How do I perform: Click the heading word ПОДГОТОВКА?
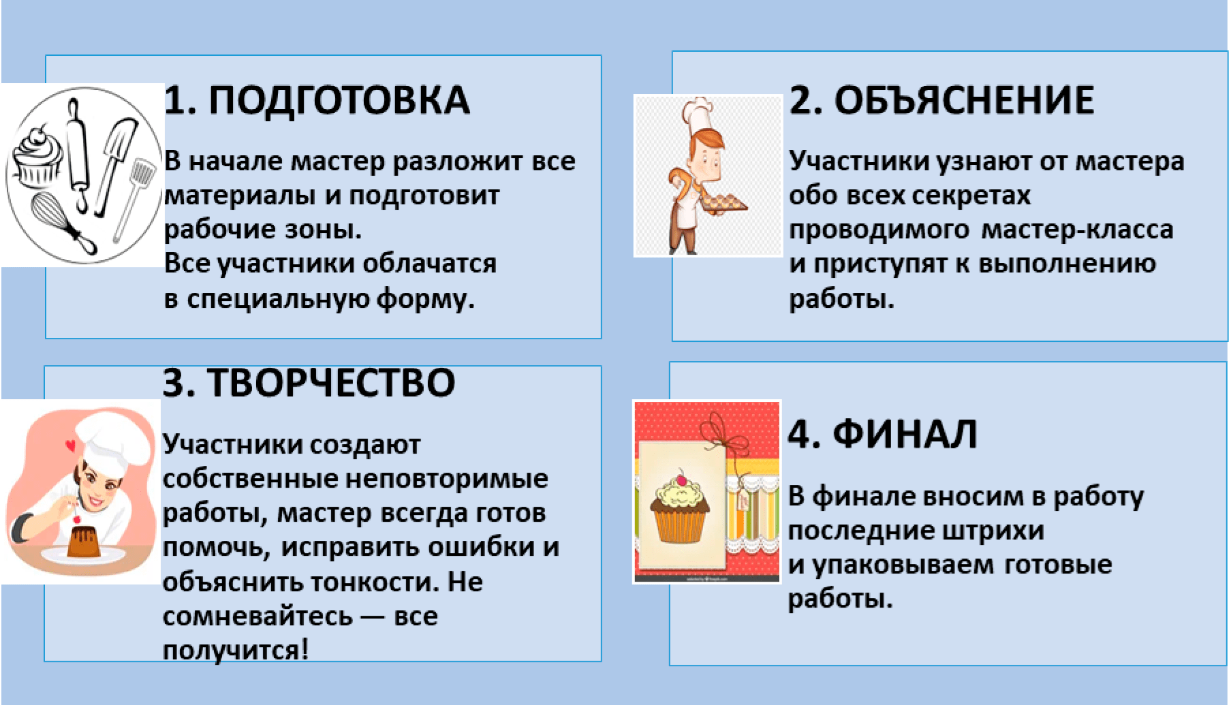(x=339, y=100)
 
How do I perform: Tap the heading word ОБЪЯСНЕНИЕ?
(x=964, y=100)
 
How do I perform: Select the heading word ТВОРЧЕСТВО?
(x=330, y=382)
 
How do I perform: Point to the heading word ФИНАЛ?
(x=905, y=433)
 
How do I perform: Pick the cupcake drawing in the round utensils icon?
(x=40, y=155)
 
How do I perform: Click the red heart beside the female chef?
(x=69, y=446)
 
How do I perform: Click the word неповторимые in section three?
(x=446, y=478)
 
